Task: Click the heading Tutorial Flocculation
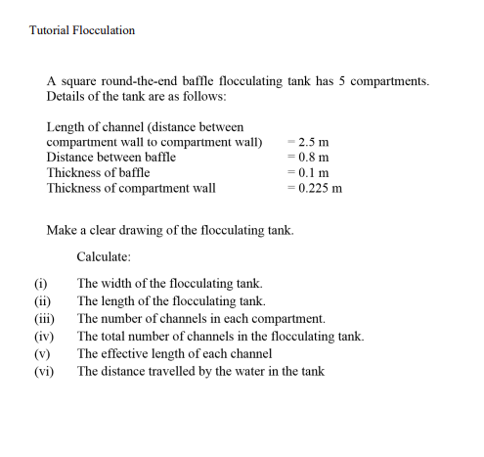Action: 82,30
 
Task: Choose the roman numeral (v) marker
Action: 41,353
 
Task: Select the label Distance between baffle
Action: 110,158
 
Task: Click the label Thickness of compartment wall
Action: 131,188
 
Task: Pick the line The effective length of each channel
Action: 174,353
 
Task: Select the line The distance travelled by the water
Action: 200,371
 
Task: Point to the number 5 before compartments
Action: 342,81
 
